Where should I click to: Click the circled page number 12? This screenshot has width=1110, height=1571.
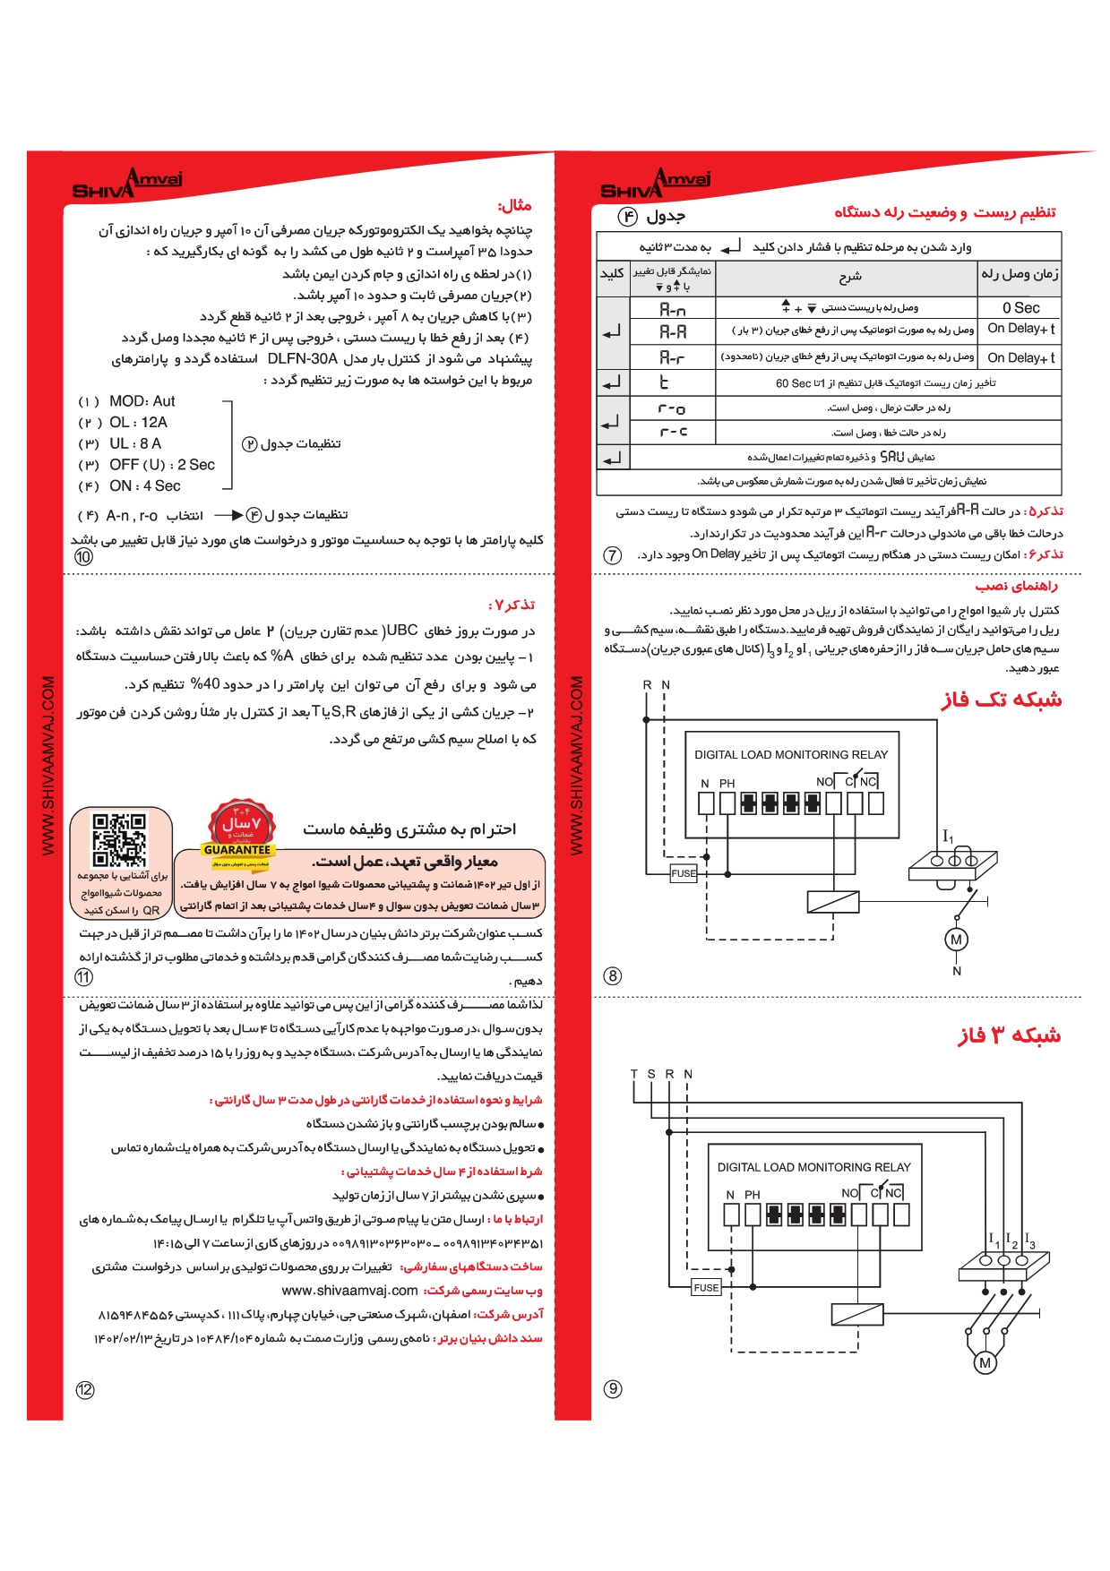pyautogui.click(x=85, y=1389)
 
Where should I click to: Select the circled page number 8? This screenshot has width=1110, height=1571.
pyautogui.click(x=613, y=975)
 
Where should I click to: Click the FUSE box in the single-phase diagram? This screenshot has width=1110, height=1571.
pyautogui.click(x=684, y=873)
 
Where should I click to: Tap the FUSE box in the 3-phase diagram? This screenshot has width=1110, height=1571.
pyautogui.click(x=706, y=1287)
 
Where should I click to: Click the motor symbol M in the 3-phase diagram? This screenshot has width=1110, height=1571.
pyautogui.click(x=985, y=1362)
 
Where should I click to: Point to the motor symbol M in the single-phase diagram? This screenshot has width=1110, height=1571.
pyautogui.click(x=956, y=940)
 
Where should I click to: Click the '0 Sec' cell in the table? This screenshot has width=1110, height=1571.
pyautogui.click(x=1020, y=307)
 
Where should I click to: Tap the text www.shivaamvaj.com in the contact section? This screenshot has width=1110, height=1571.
pyautogui.click(x=349, y=1291)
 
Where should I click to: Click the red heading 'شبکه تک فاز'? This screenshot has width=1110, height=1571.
pyautogui.click(x=1001, y=700)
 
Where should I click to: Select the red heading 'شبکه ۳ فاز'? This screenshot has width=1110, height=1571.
pyautogui.click(x=1009, y=1035)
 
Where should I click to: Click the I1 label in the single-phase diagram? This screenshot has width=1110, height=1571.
pyautogui.click(x=948, y=837)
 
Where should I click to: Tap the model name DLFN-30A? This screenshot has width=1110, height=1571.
pyautogui.click(x=302, y=358)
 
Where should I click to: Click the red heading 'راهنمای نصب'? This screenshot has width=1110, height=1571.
pyautogui.click(x=1016, y=586)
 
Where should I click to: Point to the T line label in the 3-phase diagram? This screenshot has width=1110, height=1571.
pyautogui.click(x=633, y=1074)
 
